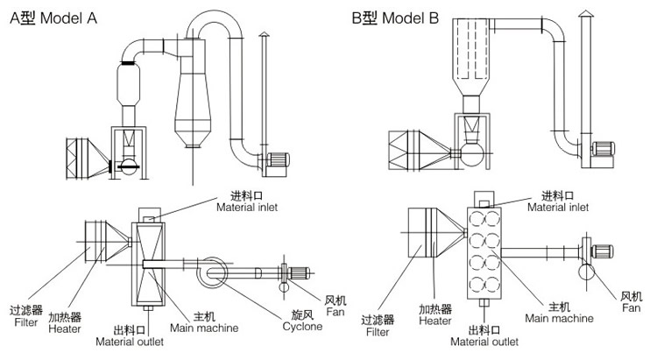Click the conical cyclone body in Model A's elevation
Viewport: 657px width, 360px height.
(x=193, y=101)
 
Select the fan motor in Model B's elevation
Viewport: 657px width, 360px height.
(x=604, y=148)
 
